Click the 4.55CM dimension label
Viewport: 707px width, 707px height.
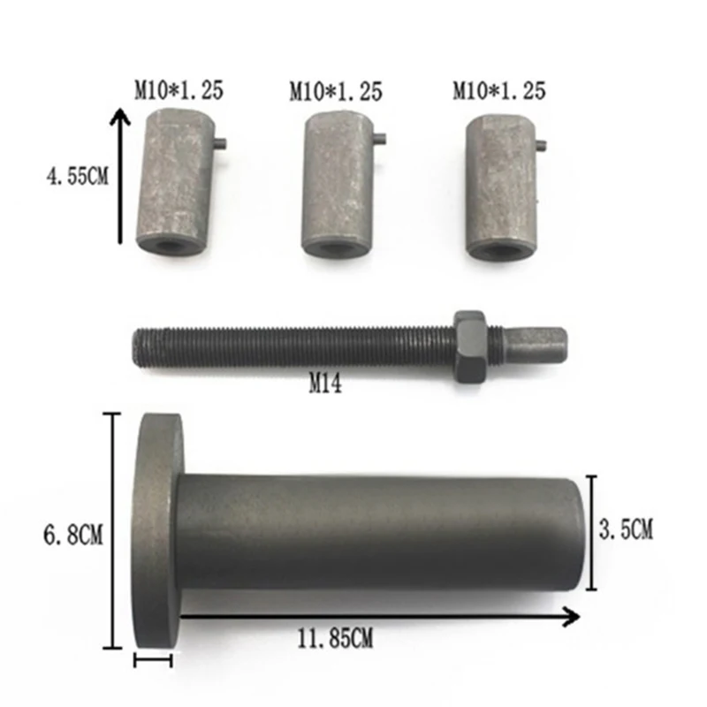(x=77, y=176)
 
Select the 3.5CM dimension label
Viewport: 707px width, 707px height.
(x=625, y=530)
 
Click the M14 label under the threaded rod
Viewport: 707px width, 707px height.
(x=324, y=384)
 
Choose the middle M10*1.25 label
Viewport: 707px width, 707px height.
(x=336, y=91)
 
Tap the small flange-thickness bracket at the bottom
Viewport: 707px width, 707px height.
(x=153, y=658)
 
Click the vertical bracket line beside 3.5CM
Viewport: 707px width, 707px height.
(x=589, y=531)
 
